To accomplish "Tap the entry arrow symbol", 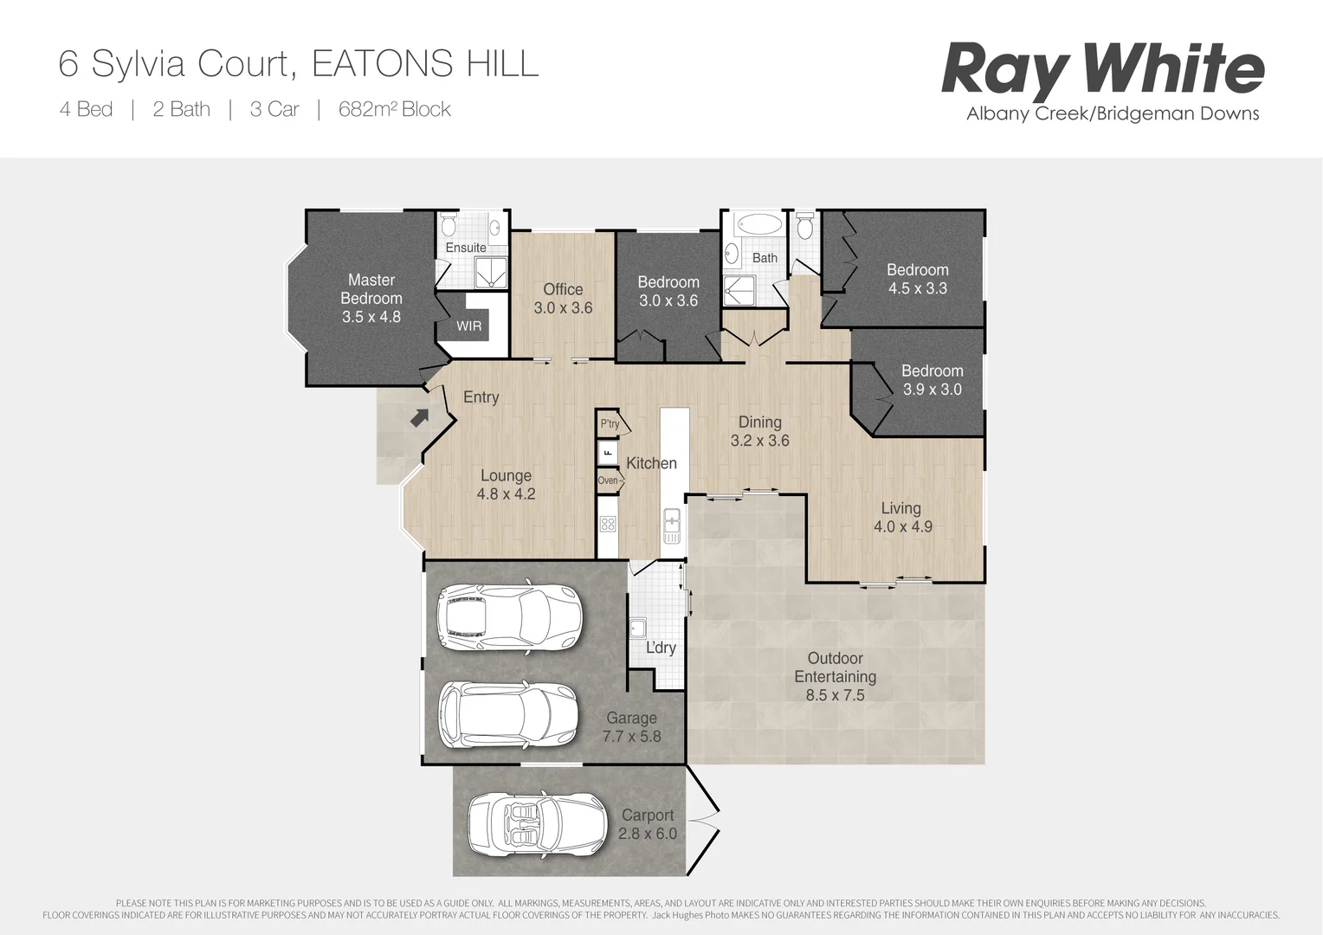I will [x=420, y=417].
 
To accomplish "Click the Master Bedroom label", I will [x=371, y=289].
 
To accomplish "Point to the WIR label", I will [x=468, y=326].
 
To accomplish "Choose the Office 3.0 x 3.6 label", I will [x=563, y=299].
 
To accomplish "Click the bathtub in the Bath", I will [x=758, y=225].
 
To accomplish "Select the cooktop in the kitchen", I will [x=608, y=523].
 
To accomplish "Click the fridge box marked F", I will [x=608, y=452].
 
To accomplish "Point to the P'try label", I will [x=610, y=424].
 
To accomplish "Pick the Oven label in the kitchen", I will [x=608, y=480].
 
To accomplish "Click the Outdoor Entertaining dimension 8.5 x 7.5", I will [x=835, y=695].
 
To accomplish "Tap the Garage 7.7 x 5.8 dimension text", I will [x=631, y=737].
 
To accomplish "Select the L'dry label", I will [x=661, y=648].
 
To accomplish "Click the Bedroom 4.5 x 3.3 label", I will [x=917, y=279].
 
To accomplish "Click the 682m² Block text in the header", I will [x=394, y=109].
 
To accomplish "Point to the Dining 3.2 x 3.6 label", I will [x=759, y=431].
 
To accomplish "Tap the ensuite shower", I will [x=490, y=274].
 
